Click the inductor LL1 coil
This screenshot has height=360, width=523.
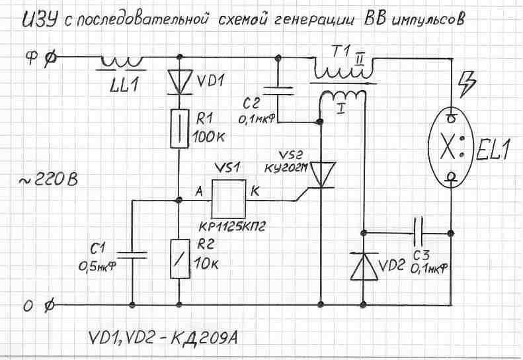[122, 63]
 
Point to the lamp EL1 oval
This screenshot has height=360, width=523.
[450, 146]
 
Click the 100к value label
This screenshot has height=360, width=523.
[210, 138]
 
